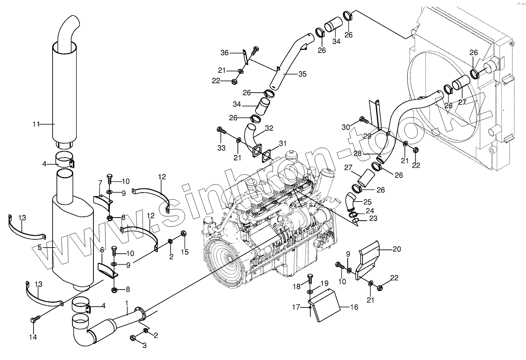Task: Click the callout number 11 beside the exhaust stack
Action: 36,124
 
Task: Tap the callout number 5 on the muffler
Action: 40,247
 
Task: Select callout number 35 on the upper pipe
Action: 303,74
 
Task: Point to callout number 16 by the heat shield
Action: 354,307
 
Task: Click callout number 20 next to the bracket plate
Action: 396,249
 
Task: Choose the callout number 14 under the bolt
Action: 33,337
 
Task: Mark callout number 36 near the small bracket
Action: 225,53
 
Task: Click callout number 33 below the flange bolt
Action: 221,148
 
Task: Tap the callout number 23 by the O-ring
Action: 373,219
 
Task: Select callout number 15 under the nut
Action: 185,252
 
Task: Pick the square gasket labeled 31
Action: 267,156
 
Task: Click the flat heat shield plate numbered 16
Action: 325,305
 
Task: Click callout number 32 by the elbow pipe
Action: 269,128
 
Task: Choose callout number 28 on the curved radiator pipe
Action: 357,154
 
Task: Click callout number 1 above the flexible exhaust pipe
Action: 127,302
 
